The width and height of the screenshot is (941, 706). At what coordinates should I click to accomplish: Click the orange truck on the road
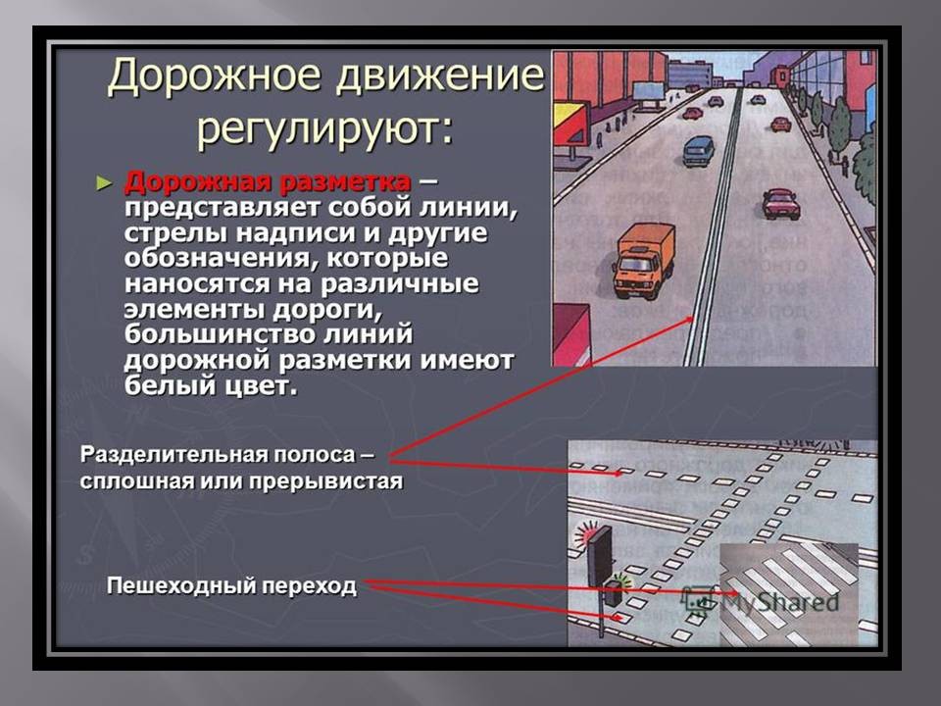(643, 260)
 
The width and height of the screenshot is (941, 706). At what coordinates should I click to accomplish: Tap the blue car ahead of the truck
(699, 151)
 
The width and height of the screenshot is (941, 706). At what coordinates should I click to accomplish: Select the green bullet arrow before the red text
(105, 183)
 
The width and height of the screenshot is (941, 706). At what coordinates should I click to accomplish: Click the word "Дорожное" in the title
(215, 76)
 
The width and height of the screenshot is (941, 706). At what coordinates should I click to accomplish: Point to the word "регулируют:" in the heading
(325, 127)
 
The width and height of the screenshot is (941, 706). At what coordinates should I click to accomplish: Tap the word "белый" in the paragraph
(164, 385)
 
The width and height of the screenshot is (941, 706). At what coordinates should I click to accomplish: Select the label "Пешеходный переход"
(231, 585)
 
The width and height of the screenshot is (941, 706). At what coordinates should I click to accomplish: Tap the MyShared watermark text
(779, 601)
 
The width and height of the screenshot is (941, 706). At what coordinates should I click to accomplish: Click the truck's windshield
(635, 263)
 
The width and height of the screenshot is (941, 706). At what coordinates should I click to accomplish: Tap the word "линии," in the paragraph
(468, 208)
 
